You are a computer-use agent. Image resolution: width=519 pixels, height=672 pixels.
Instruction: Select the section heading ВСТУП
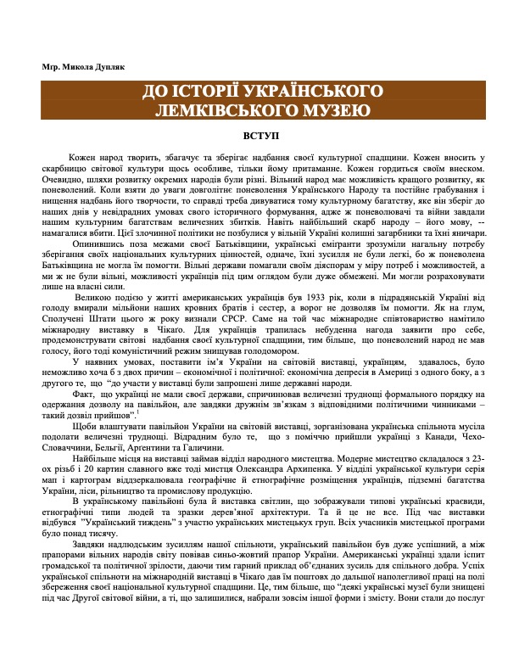click(259, 135)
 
